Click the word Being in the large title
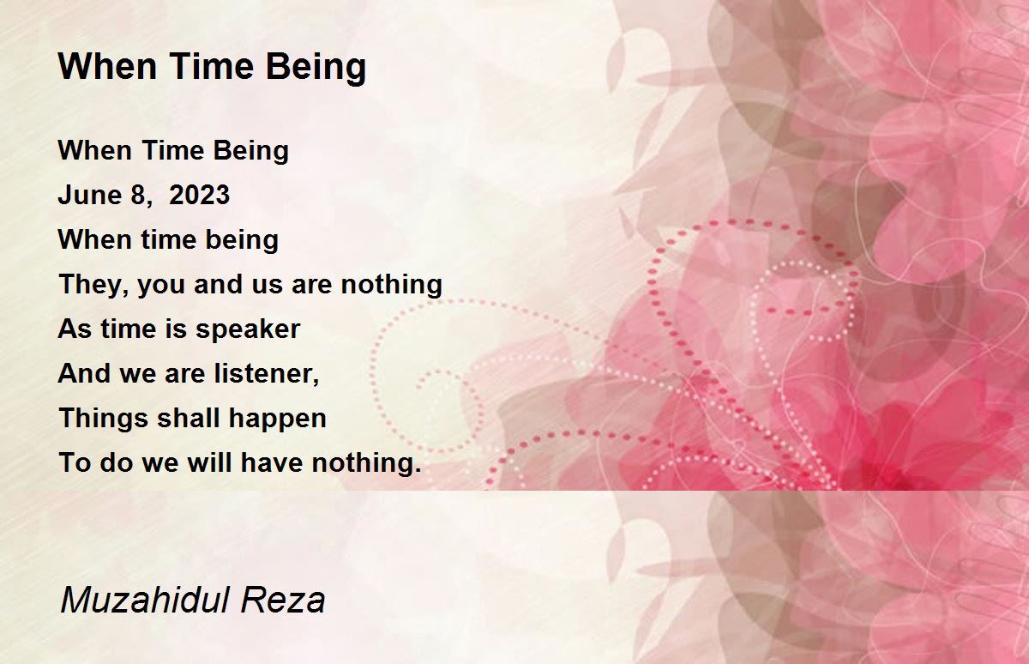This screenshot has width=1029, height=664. [316, 68]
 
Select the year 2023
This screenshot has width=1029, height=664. [199, 195]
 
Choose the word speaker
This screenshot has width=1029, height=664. [248, 330]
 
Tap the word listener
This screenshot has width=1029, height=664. [267, 373]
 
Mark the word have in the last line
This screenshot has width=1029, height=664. [272, 462]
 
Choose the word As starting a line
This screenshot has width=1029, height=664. [75, 329]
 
